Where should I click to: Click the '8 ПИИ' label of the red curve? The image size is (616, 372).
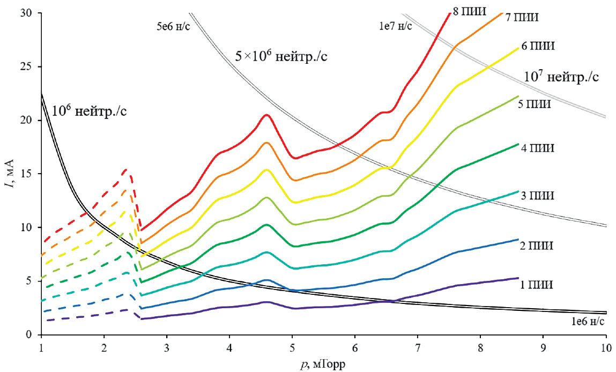469,10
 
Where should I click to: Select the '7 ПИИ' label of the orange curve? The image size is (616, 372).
522,17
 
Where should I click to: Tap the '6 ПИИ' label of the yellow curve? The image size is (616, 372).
538,46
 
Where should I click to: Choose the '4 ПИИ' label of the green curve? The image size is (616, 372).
538,148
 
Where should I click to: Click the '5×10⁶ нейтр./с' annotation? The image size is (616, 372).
281,56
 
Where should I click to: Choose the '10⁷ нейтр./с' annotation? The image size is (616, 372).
561,77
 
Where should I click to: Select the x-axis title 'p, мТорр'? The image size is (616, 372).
323,364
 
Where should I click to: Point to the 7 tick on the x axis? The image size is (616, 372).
417,346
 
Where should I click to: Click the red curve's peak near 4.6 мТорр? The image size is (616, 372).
266,115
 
